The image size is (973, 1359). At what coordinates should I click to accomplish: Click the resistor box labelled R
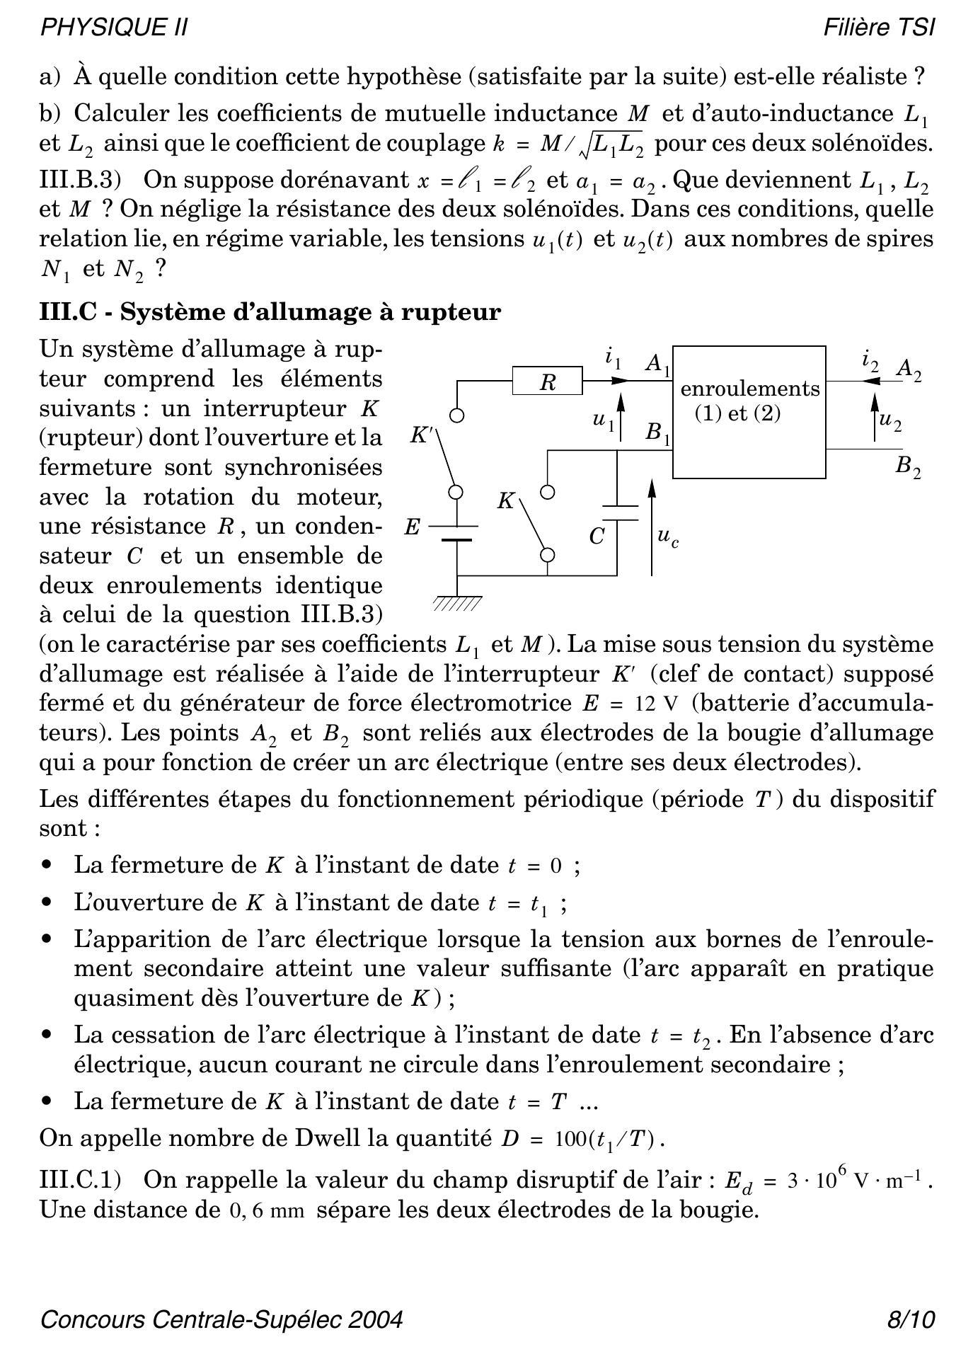pos(547,382)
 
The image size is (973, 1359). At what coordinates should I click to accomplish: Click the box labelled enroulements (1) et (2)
pos(749,412)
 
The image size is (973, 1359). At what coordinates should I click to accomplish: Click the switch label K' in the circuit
pos(421,435)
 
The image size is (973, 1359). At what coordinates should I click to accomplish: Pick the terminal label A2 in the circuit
pos(909,369)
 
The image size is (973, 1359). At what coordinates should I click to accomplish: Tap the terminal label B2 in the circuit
pos(908,467)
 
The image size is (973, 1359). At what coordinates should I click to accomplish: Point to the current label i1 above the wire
pos(613,358)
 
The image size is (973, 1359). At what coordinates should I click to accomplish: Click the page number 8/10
pos(911,1320)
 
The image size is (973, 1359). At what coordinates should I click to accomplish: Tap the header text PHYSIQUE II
pos(114,28)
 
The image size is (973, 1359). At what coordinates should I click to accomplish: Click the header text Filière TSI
pos(879,28)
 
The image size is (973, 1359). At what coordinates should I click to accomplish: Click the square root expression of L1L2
pos(611,144)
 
